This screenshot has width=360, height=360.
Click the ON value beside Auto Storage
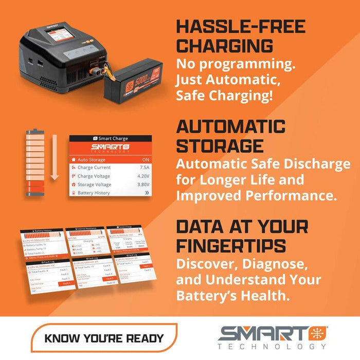pyautogui.click(x=146, y=159)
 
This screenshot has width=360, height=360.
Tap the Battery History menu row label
pyautogui.click(x=94, y=193)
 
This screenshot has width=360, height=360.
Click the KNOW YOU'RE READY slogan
pyautogui.click(x=104, y=338)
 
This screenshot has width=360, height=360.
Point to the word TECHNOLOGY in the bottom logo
pyautogui.click(x=272, y=347)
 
